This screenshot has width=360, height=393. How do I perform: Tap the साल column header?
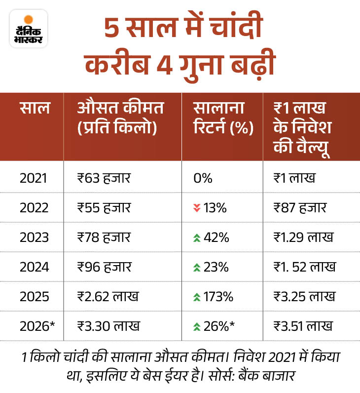[x=35, y=108]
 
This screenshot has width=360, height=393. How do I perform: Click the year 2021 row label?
[x=34, y=178]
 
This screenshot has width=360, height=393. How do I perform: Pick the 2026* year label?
[x=36, y=326]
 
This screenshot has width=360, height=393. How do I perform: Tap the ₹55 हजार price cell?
[x=104, y=207]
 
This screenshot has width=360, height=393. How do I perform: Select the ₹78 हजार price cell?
[x=104, y=237]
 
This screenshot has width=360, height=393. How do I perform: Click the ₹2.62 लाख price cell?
[x=108, y=296]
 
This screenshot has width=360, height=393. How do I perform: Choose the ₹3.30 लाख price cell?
[x=108, y=326]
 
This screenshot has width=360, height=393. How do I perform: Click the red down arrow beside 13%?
[x=196, y=208]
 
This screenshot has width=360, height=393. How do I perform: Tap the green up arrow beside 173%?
[x=196, y=297]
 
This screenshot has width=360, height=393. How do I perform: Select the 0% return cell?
[x=203, y=178]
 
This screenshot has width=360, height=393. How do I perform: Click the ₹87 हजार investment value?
[x=299, y=207]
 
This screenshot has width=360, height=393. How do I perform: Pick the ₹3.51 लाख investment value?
[x=303, y=326]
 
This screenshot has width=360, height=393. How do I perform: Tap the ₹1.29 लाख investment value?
[x=303, y=237]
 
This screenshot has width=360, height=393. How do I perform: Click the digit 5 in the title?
[x=112, y=31]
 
